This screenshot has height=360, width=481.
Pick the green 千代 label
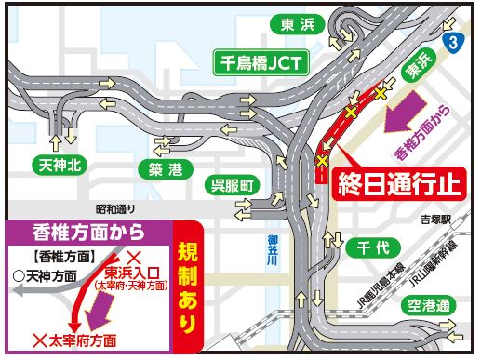(x=364, y=248)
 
